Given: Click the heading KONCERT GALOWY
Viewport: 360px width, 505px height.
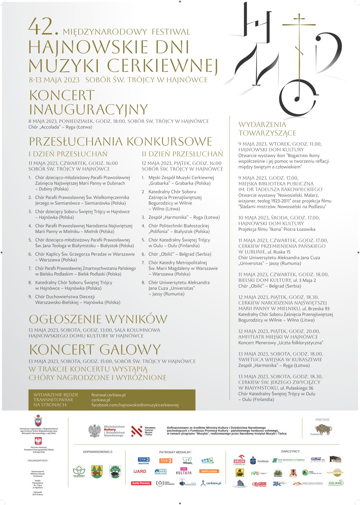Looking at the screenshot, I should [x=95, y=350].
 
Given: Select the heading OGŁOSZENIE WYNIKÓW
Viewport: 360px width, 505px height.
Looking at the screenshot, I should [x=98, y=319].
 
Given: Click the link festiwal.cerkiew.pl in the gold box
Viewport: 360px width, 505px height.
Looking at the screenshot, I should [x=108, y=395].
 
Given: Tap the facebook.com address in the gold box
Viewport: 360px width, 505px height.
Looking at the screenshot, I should [x=135, y=405].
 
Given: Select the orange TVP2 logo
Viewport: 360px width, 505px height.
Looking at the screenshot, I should [x=166, y=461].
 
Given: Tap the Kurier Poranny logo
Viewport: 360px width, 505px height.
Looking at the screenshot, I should [x=141, y=483].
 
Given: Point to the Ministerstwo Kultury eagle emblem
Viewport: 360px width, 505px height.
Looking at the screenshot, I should [x=95, y=431].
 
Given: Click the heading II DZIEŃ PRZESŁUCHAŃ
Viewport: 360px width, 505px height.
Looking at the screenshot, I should [x=182, y=154].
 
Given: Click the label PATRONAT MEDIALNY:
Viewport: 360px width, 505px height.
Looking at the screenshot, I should [x=175, y=452].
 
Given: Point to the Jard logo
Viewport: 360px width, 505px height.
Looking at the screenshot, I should [x=140, y=471].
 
